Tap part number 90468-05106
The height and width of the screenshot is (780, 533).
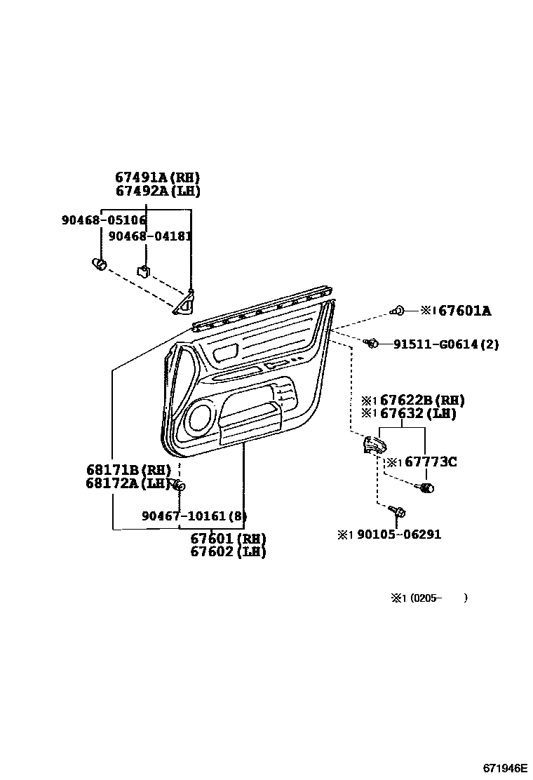pos(104,220)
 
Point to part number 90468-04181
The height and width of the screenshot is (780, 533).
pos(150,236)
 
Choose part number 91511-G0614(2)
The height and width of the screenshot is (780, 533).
pos(446,344)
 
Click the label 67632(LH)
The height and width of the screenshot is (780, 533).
pos(418,414)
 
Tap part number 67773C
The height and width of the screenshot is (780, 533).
pos(431,462)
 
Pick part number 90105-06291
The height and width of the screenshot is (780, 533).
pos(399,534)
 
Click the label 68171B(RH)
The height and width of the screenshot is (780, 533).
pos(129,469)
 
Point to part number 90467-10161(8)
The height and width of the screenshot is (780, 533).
pos(194,516)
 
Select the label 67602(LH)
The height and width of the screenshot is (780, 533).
pos(228,552)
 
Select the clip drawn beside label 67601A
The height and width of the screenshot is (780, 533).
pos(398,309)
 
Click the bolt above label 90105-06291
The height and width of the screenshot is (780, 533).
pos(398,512)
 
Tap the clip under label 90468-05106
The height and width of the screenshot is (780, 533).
pos(100,264)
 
